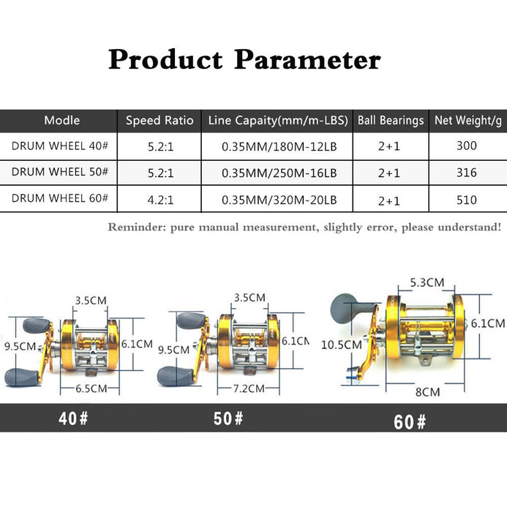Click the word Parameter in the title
point(307,59)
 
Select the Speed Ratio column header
point(159,120)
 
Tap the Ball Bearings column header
point(391,120)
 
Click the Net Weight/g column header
point(468,120)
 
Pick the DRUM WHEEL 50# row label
point(60,172)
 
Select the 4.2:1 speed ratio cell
point(160,200)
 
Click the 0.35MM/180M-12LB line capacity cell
point(279,147)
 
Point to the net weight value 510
point(467,200)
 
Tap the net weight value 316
point(467,173)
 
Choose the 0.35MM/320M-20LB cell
point(279,200)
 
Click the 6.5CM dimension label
point(91,388)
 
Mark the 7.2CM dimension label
point(249,388)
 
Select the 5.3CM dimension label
point(427,282)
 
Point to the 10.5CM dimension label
point(342,345)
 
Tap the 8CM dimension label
point(427,392)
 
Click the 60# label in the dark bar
point(410,422)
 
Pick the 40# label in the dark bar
point(73,418)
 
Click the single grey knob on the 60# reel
point(344,307)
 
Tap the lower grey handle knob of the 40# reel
point(21,378)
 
